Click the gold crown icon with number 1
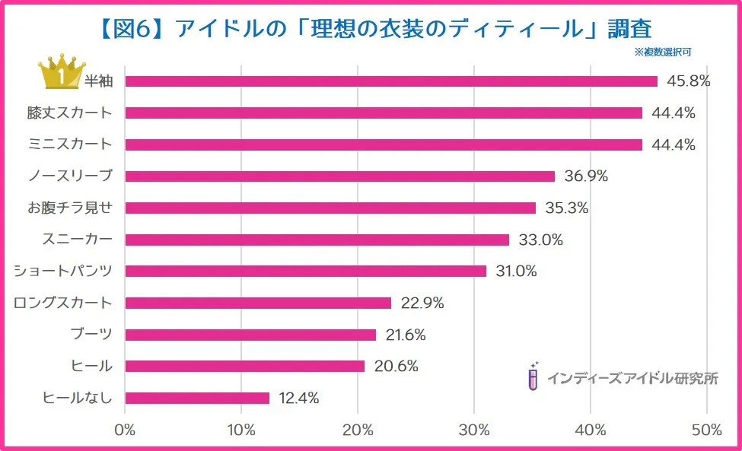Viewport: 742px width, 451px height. (61, 74)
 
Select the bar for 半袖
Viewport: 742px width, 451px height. (391, 81)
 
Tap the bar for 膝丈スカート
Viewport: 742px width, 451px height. (384, 113)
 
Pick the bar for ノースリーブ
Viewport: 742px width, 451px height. (339, 176)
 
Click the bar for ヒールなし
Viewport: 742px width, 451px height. (197, 398)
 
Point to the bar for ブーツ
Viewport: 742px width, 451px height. (250, 335)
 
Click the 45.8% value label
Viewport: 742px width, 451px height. (688, 81)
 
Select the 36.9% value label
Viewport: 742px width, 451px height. (586, 176)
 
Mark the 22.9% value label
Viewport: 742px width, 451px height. (422, 303)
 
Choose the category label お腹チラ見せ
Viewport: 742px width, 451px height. (64, 208)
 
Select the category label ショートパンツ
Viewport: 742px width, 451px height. (64, 272)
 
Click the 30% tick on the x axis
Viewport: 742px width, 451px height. (474, 430)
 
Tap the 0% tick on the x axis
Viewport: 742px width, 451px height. (125, 430)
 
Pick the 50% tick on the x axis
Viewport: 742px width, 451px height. (707, 430)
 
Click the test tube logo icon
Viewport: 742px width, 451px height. (533, 376)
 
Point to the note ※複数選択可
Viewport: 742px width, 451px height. (662, 52)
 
